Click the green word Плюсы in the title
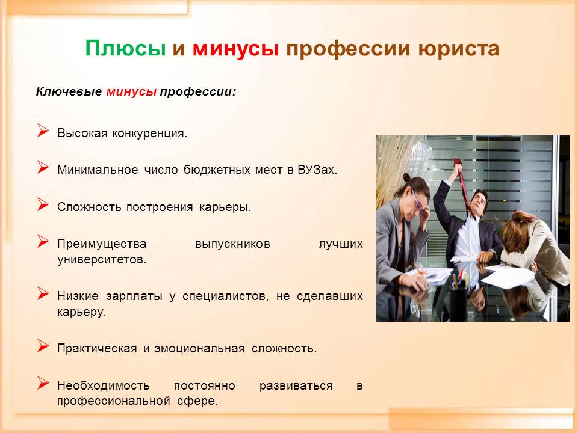[x=126, y=48]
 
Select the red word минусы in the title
[x=235, y=49]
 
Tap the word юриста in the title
[x=459, y=49]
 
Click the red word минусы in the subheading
[x=132, y=91]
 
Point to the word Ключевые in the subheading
[x=69, y=91]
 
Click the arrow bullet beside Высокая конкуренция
[x=43, y=131]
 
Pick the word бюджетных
[x=216, y=170]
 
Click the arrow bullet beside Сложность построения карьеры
[x=43, y=204]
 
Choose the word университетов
[x=102, y=260]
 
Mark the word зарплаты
[x=134, y=296]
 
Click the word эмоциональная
[x=199, y=349]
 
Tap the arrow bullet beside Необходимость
[x=43, y=383]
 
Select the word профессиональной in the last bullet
[x=114, y=401]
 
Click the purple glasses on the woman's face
[x=418, y=203]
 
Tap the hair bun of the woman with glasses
[x=406, y=178]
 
